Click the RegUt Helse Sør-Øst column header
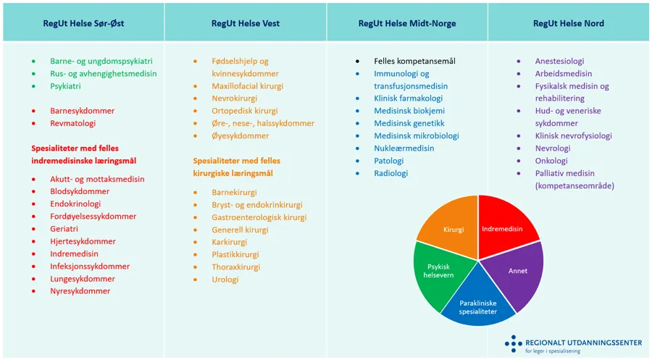[x=83, y=23]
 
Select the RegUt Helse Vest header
[x=246, y=23]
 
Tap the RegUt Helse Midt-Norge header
[x=407, y=23]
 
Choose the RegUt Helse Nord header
[x=569, y=23]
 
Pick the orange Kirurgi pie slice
[x=453, y=229]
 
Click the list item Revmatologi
[x=72, y=123]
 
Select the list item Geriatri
[x=64, y=229]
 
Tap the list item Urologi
[x=215, y=279]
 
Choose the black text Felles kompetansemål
[x=414, y=62]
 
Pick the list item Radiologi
[x=391, y=173]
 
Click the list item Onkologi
[x=551, y=161]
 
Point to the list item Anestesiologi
[x=559, y=62]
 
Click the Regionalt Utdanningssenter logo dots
[x=513, y=343]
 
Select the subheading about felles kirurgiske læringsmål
[x=236, y=167]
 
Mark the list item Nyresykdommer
[x=80, y=291]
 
